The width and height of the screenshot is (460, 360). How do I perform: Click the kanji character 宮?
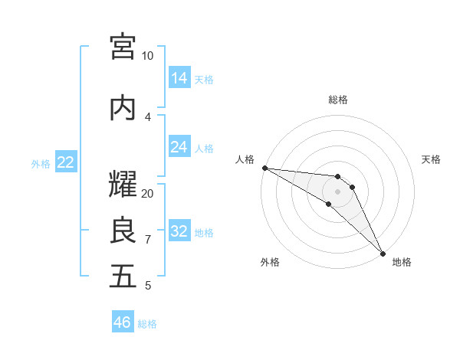pyautogui.click(x=123, y=47)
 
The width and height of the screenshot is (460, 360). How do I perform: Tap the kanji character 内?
pyautogui.click(x=123, y=108)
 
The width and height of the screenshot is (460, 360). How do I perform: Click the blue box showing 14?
pyautogui.click(x=179, y=78)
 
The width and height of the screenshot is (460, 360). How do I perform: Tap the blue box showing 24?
pyautogui.click(x=179, y=147)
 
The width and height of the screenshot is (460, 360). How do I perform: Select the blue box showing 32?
pyautogui.click(x=179, y=231)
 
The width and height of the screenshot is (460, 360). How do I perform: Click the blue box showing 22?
pyautogui.click(x=66, y=162)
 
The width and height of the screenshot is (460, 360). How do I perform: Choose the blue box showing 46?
pyautogui.click(x=123, y=322)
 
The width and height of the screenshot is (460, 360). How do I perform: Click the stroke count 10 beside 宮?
pyautogui.click(x=147, y=56)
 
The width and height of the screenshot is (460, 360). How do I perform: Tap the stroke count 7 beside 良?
pyautogui.click(x=148, y=240)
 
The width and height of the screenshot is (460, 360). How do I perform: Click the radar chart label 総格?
pyautogui.click(x=338, y=100)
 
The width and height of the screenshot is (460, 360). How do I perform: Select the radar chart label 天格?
pyautogui.click(x=431, y=159)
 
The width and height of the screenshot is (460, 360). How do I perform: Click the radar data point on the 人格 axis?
pyautogui.click(x=264, y=168)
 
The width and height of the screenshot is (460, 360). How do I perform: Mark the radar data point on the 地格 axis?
pyautogui.click(x=383, y=253)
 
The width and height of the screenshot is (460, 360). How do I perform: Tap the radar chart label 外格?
pyautogui.click(x=270, y=263)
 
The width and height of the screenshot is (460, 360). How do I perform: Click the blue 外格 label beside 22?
pyautogui.click(x=41, y=163)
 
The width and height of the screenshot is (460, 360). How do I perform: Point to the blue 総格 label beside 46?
pyautogui.click(x=147, y=324)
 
